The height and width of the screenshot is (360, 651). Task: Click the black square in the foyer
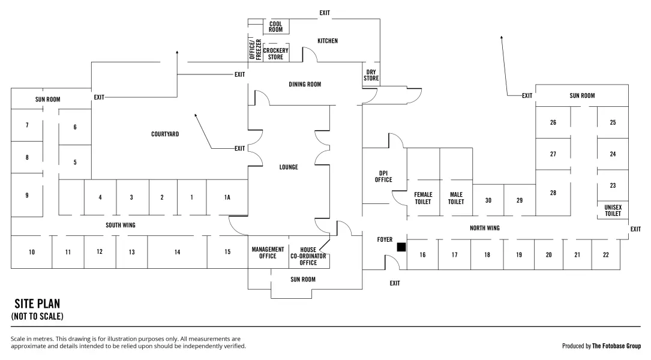coord(401,247)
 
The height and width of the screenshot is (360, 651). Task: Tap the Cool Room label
coord(275,27)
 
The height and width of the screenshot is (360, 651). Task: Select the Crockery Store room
coord(276,53)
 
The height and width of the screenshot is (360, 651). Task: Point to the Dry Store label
coord(371,75)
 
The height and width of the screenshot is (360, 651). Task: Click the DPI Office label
coord(383,176)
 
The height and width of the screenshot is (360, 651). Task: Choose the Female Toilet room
coord(423,182)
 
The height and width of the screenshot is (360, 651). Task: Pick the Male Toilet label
coord(456,198)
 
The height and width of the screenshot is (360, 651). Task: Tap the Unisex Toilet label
coord(613,211)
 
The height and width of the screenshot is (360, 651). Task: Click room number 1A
coord(227,197)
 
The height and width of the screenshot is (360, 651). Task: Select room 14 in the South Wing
coord(177,252)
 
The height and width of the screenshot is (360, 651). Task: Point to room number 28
coord(553,193)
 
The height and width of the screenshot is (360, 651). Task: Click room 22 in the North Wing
coord(606,254)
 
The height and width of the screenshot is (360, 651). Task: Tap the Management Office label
coord(268,253)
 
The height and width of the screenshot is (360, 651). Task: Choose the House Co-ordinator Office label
coord(308,256)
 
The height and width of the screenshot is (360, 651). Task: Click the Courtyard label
coord(165,134)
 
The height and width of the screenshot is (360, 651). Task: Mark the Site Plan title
coord(37,304)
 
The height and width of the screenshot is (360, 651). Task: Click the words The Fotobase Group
coord(617,346)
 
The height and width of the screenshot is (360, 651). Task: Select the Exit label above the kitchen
coord(325,13)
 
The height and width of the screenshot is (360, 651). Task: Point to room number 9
coord(27,195)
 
